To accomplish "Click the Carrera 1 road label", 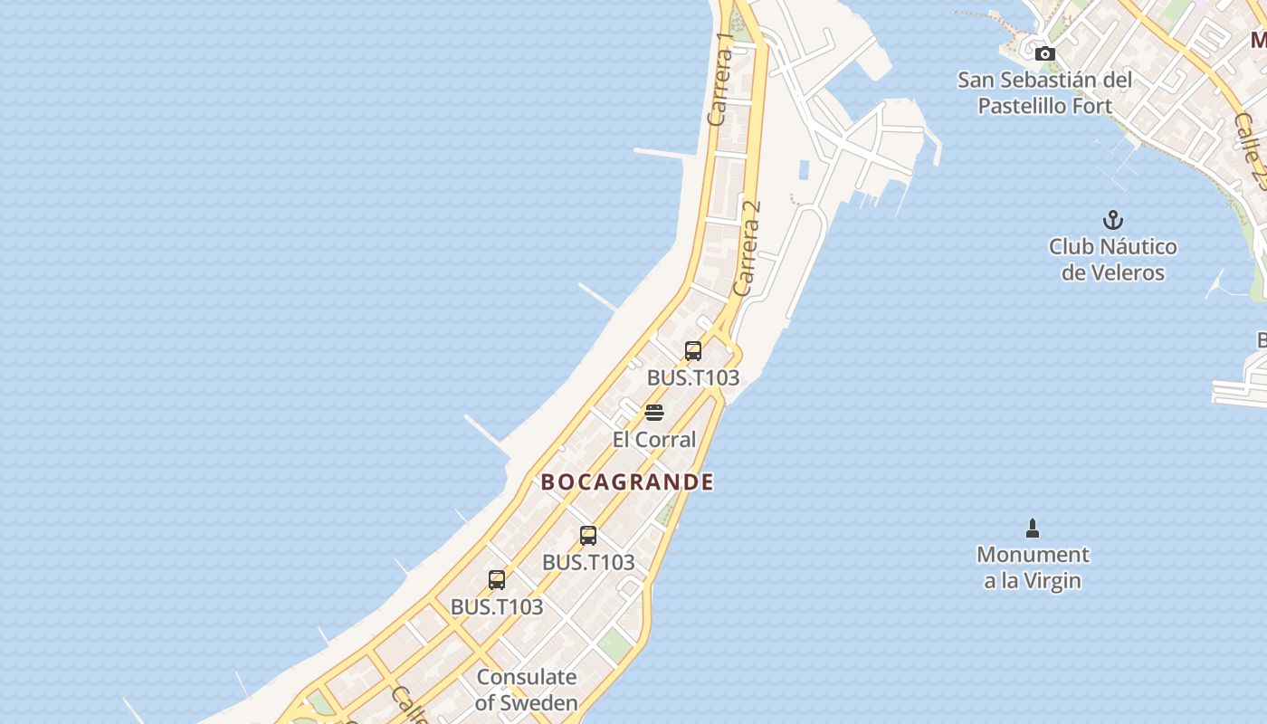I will pyautogui.click(x=721, y=80).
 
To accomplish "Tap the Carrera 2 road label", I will pyautogui.click(x=748, y=248).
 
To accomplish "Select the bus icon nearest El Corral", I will pyautogui.click(x=693, y=351).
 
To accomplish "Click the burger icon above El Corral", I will pyautogui.click(x=654, y=414).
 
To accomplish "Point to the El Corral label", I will pyautogui.click(x=654, y=440).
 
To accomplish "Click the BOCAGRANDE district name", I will pyautogui.click(x=627, y=482).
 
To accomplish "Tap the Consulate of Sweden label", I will pyautogui.click(x=527, y=690).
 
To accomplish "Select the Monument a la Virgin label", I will pyautogui.click(x=1033, y=567).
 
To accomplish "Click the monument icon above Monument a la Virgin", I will pyautogui.click(x=1033, y=529).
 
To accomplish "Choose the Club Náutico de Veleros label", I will pyautogui.click(x=1112, y=260).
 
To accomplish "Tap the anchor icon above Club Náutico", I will pyautogui.click(x=1112, y=220).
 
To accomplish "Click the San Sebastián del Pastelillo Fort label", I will pyautogui.click(x=1045, y=93).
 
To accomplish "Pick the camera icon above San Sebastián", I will pyautogui.click(x=1045, y=54).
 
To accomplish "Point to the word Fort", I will pyautogui.click(x=1092, y=106).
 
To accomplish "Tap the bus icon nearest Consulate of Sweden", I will pyautogui.click(x=497, y=580).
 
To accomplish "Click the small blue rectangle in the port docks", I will pyautogui.click(x=804, y=169).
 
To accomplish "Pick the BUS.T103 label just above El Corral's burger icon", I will pyautogui.click(x=693, y=378).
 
